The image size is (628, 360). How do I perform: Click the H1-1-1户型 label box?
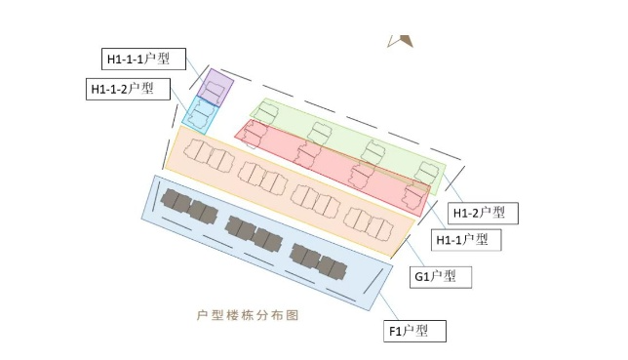pyautogui.click(x=143, y=59)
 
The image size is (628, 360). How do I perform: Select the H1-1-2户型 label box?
pyautogui.click(x=128, y=89)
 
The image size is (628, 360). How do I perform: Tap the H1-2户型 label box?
pyautogui.click(x=483, y=214)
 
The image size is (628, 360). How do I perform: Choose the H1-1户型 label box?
pyautogui.click(x=466, y=240)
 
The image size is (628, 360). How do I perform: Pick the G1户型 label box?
pyautogui.click(x=441, y=277)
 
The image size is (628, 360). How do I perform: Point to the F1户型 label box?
pyautogui.click(x=415, y=331)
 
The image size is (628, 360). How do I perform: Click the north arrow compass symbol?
pyautogui.click(x=400, y=41)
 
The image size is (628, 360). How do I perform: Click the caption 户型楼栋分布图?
pyautogui.click(x=248, y=315)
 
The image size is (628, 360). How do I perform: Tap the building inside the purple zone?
pyautogui.click(x=213, y=90)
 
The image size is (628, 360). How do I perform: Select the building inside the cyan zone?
pyautogui.click(x=202, y=114)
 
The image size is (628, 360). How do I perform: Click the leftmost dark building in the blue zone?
pyautogui.click(x=189, y=206)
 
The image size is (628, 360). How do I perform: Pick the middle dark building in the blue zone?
pyautogui.click(x=254, y=234)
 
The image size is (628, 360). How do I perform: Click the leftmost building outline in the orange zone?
pyautogui.click(x=209, y=155)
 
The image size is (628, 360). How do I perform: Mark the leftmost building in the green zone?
pyautogui.click(x=265, y=113)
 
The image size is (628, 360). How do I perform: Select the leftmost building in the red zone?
pyautogui.click(x=255, y=135)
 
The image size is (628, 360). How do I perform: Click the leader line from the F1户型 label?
pyautogui.click(x=389, y=306)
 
